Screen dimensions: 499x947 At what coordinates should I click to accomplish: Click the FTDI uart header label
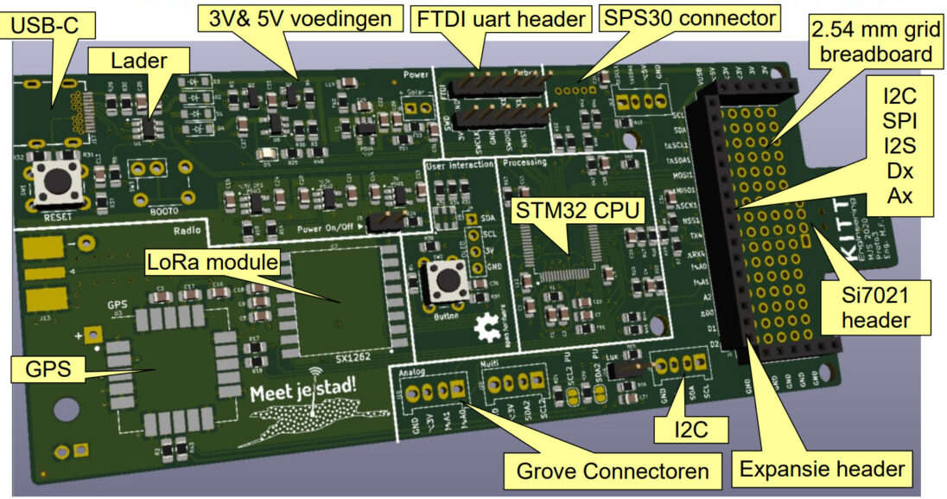click(x=500, y=16)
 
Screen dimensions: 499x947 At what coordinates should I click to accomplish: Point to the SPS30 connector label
click(x=691, y=16)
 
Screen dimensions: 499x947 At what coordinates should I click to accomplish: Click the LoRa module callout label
click(x=213, y=260)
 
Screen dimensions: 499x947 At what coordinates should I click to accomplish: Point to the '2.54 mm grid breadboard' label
click(x=872, y=42)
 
